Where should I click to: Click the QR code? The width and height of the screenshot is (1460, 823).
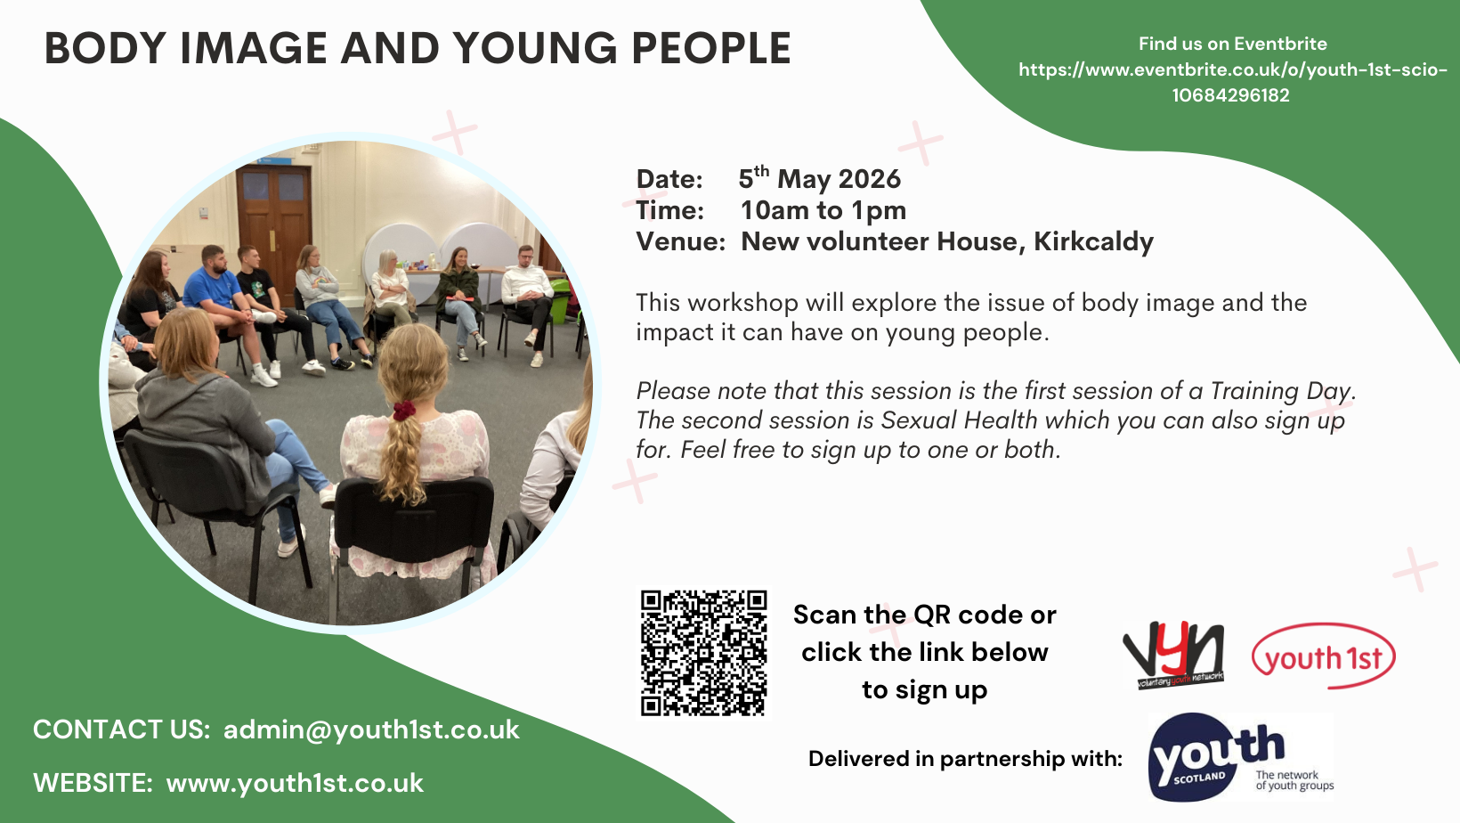point(703,652)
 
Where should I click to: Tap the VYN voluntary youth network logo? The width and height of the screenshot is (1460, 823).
point(1174,656)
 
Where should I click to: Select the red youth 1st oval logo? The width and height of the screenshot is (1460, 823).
point(1323,656)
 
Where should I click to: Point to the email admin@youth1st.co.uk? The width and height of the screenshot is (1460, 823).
point(371,729)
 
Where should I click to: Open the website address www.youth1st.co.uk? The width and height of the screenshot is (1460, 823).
point(295,783)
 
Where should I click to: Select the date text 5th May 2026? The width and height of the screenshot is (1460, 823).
point(819,179)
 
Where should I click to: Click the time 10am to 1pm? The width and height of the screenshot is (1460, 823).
point(823,210)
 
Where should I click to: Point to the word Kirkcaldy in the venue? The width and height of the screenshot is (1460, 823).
point(1093,241)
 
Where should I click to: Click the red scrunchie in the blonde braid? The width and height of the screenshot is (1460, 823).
point(405,411)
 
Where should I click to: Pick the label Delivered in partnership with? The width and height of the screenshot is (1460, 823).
point(965,759)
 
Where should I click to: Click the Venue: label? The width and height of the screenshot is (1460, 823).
point(680,241)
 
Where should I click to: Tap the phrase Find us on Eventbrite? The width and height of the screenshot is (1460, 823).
point(1232,44)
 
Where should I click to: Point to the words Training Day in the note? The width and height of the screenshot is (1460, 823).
point(1281,391)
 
